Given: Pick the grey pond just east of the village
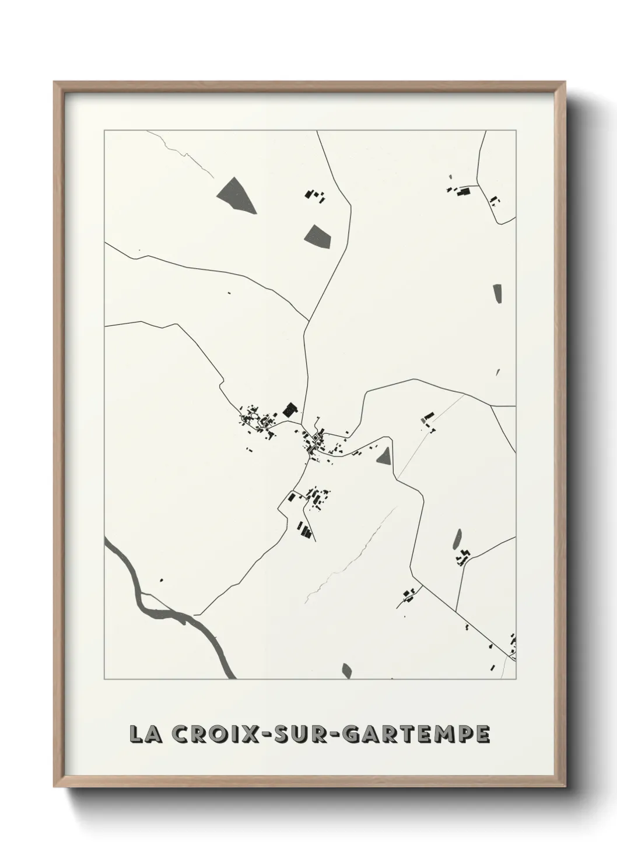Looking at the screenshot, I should point(384,455).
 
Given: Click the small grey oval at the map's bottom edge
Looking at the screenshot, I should point(348,671).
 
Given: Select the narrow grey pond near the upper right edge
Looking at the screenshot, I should point(497,294).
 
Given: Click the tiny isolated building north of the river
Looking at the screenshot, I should point(161,580).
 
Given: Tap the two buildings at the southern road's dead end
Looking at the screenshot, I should point(304,530).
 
